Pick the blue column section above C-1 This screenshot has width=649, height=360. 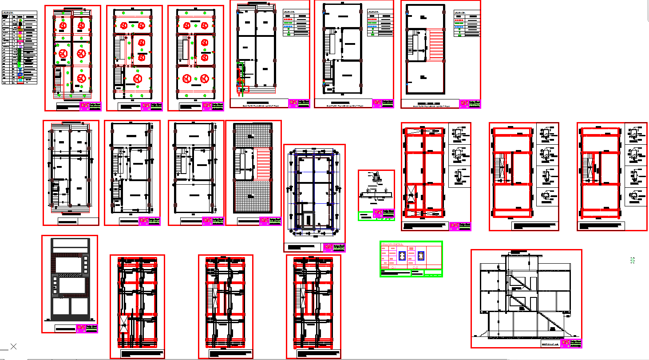(x=402, y=256)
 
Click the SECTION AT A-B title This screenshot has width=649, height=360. (x=549, y=344)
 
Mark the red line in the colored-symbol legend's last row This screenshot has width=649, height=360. (x=20, y=83)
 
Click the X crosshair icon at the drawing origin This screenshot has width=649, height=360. (x=13, y=346)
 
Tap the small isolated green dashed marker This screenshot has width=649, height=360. (x=632, y=261)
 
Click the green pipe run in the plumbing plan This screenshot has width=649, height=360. (x=240, y=71)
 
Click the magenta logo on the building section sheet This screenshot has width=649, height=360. (x=565, y=343)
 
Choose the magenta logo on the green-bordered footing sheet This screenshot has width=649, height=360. (x=377, y=214)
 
